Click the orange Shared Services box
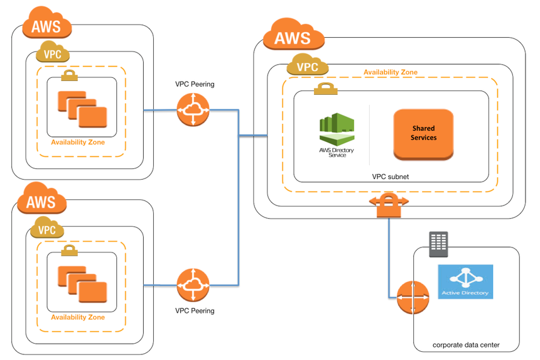(x=423, y=133)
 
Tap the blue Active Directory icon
(x=465, y=281)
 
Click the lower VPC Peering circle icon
(x=193, y=285)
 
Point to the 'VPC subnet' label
(x=390, y=177)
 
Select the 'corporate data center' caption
(x=466, y=346)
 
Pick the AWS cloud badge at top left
(x=47, y=26)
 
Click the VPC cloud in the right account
(x=307, y=65)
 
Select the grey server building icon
(x=438, y=243)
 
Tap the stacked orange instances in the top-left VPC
(x=82, y=109)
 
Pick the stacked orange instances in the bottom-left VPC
(x=82, y=283)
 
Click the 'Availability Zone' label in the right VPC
(x=390, y=72)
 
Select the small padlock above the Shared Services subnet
(x=322, y=90)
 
